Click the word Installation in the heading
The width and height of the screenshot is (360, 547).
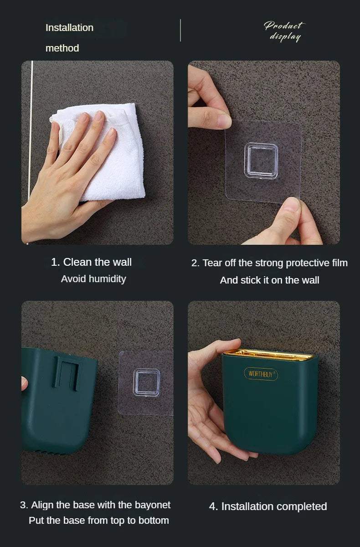pos(70,28)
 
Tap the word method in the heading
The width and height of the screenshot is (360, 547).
pos(62,48)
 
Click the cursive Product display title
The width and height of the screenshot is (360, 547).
pos(284,31)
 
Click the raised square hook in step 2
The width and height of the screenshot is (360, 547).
pos(261,160)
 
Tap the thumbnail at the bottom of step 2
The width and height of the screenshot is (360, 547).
pos(290,205)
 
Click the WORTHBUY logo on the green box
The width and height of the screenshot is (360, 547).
pos(261,374)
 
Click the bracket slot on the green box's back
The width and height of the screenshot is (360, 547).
pos(67,373)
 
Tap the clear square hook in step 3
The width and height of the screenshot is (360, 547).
pos(146,382)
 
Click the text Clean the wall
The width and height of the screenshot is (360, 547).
pos(98,262)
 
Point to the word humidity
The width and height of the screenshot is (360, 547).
pos(108,279)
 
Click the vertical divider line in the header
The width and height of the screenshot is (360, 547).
pos(180,30)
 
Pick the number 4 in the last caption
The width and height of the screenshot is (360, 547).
pos(212,507)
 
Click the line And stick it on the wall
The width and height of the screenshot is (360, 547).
pos(269,280)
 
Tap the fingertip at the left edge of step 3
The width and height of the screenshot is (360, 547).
pos(24,383)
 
